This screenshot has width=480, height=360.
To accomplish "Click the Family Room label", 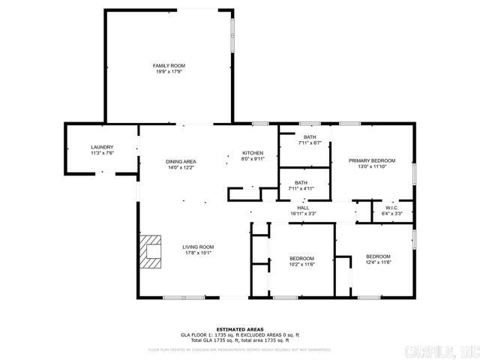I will [x=169, y=66].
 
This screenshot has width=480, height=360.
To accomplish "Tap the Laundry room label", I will [x=102, y=147].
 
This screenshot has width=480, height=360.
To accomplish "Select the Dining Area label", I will [x=181, y=161].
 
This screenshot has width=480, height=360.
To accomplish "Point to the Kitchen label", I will [x=252, y=153].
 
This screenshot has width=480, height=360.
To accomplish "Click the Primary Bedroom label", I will [x=371, y=161].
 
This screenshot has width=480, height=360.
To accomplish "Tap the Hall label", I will [x=303, y=208].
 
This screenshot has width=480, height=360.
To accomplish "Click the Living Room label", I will [x=198, y=247].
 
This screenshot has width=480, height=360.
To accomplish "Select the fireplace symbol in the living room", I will [x=151, y=252].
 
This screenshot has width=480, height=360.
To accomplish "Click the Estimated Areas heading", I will [x=239, y=329].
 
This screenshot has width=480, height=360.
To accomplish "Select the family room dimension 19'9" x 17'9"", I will [x=169, y=72].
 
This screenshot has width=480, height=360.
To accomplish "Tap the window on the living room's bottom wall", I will [x=184, y=298].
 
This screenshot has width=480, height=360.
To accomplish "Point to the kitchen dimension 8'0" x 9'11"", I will [x=252, y=159].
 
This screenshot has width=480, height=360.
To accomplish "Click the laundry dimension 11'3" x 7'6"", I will [x=102, y=153].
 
